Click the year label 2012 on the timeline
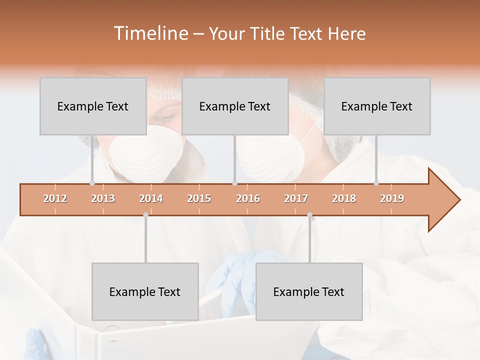(55, 198)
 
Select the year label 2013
(103, 198)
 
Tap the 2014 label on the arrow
(151, 198)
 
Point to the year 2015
(199, 198)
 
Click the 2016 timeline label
(248, 198)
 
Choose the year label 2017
(296, 198)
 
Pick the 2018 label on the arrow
(344, 198)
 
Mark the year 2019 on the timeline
(392, 198)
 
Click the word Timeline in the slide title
(150, 33)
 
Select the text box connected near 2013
(93, 106)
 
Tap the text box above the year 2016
(235, 106)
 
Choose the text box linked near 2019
(377, 106)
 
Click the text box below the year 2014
(145, 291)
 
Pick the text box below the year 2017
(309, 291)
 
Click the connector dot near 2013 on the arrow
(92, 183)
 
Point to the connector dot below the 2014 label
(145, 215)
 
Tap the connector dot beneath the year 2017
(309, 215)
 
